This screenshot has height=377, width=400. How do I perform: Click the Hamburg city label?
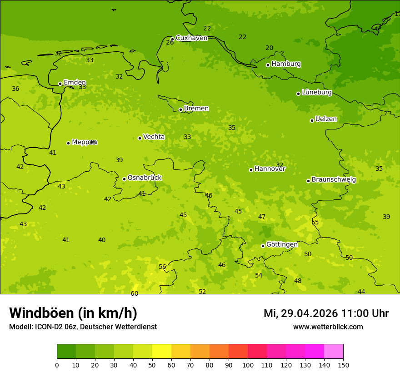click(286, 64)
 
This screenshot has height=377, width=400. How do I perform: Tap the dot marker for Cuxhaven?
click(172, 39)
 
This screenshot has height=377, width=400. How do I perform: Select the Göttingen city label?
click(282, 244)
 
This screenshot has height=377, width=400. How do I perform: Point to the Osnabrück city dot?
click(124, 179)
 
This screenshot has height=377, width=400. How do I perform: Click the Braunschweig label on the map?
click(334, 180)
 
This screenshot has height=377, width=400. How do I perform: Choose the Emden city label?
click(75, 83)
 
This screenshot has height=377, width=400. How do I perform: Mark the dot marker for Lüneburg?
click(298, 94)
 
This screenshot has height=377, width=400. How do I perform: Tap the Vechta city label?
click(154, 137)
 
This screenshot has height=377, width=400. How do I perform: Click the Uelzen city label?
click(326, 119)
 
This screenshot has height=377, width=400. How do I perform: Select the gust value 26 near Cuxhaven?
click(170, 43)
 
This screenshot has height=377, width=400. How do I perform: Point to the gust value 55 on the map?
click(315, 222)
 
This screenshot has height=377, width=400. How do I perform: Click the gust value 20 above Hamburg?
click(270, 48)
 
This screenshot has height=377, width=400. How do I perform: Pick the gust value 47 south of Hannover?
click(262, 217)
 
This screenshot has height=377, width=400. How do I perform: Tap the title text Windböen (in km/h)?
click(73, 313)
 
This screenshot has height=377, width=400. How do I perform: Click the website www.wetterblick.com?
click(328, 327)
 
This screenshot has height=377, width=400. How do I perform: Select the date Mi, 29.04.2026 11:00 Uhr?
click(326, 313)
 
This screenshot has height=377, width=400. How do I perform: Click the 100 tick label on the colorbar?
click(248, 365)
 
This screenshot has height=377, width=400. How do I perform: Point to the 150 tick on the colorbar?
click(343, 365)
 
